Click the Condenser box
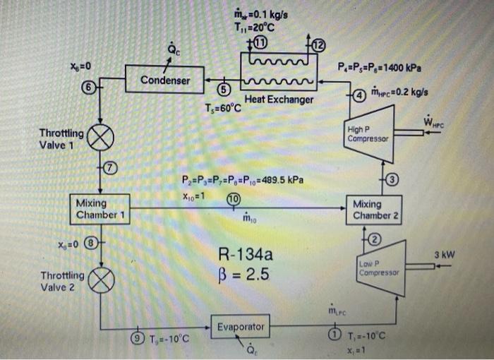point(164,80)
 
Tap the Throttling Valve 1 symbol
point(100,137)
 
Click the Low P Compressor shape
point(380,268)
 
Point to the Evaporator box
point(241,327)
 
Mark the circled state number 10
point(233,200)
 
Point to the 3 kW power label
point(445,254)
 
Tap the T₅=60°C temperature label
point(222,108)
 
